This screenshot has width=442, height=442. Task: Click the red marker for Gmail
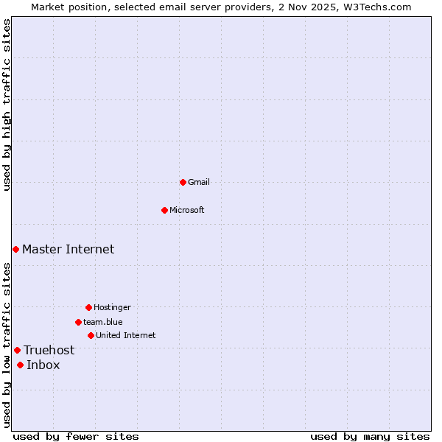tap(183, 182)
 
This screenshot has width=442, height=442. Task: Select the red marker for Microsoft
tap(165, 210)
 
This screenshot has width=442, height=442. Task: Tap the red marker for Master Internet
tap(15, 249)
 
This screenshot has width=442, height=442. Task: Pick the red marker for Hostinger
tap(88, 307)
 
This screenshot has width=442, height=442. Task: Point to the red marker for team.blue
tap(78, 322)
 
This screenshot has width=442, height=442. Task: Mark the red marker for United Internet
tap(91, 335)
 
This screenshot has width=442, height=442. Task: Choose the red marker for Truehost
tap(17, 350)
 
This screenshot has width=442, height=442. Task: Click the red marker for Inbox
tap(20, 365)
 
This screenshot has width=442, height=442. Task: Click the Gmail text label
tap(199, 182)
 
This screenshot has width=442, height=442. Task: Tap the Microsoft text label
tap(187, 210)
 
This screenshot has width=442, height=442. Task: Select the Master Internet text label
tap(68, 249)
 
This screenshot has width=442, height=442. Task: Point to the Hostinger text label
tap(112, 307)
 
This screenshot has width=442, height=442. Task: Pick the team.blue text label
tap(103, 322)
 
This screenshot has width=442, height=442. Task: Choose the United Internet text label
tap(126, 335)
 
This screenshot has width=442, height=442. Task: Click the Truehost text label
tap(49, 350)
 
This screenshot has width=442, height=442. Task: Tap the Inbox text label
tap(43, 365)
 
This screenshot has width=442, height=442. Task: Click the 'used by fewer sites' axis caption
tap(76, 436)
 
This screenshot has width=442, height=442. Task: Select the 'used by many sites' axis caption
tap(370, 436)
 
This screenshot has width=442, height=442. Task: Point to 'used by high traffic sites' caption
tap(7, 105)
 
